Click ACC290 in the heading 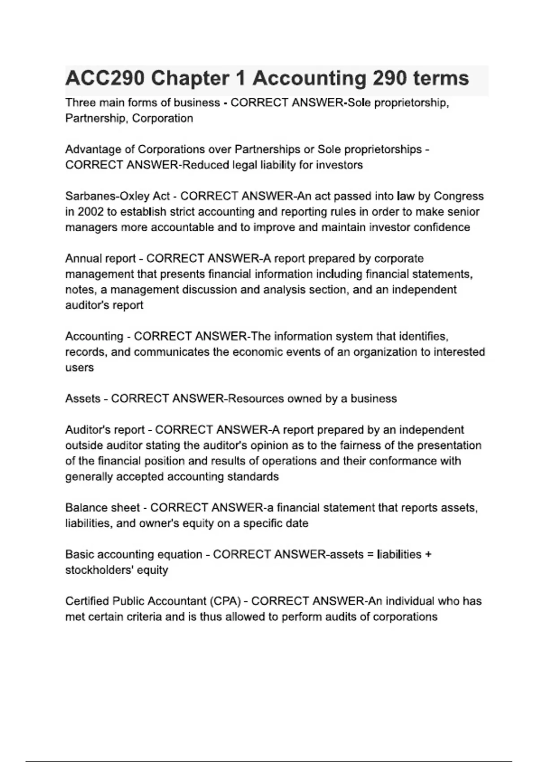(x=105, y=79)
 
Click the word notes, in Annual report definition (x=81, y=290)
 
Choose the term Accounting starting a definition (x=94, y=336)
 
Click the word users (x=79, y=368)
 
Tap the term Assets (x=82, y=398)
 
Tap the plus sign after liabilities (x=428, y=554)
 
